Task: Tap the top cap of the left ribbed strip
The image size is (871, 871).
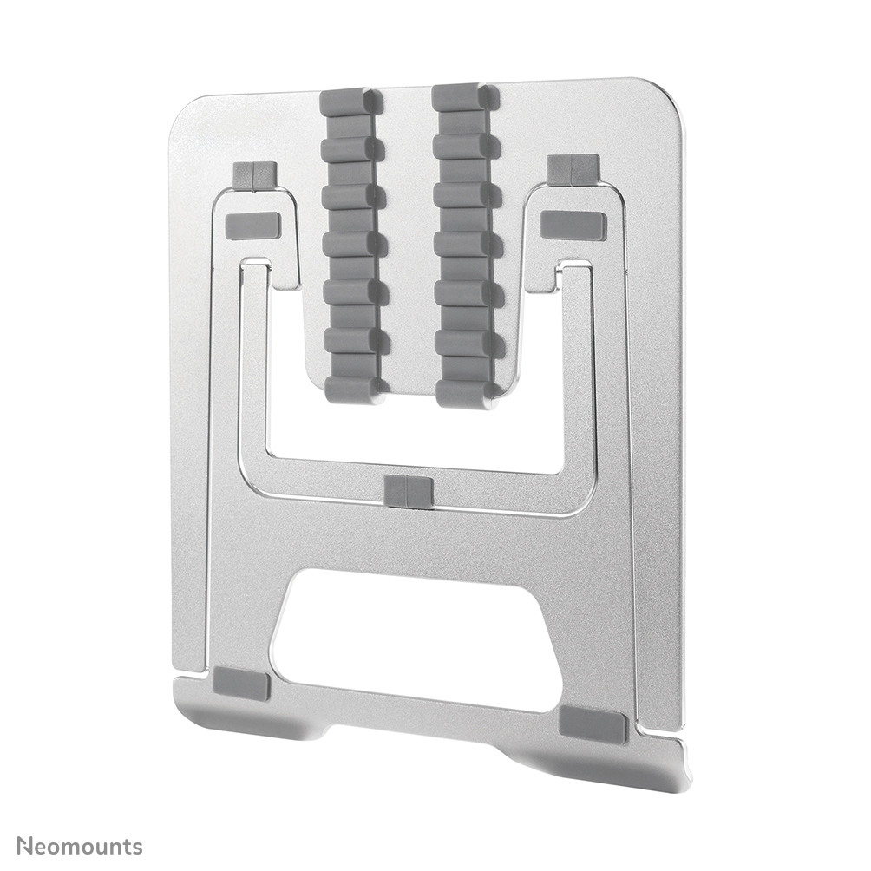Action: tap(350, 100)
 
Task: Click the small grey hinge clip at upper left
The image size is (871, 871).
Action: tap(254, 175)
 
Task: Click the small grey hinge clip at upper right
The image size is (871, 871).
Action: tap(573, 169)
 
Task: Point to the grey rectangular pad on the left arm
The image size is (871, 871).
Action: tap(252, 226)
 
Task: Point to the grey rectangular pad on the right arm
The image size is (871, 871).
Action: tap(573, 225)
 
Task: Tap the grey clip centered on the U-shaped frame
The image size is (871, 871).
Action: tap(408, 491)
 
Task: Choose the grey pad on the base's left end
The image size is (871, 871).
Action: tap(241, 684)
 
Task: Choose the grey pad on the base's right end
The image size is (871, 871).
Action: tap(593, 724)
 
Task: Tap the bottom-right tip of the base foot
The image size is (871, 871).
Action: tap(685, 781)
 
